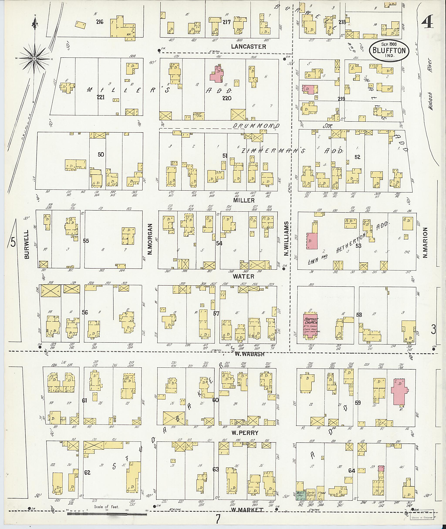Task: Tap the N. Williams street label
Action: [x=286, y=239]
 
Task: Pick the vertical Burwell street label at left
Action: [x=27, y=244]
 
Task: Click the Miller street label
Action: [x=244, y=200]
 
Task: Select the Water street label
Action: [x=243, y=276]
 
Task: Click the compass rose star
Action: [x=34, y=59]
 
